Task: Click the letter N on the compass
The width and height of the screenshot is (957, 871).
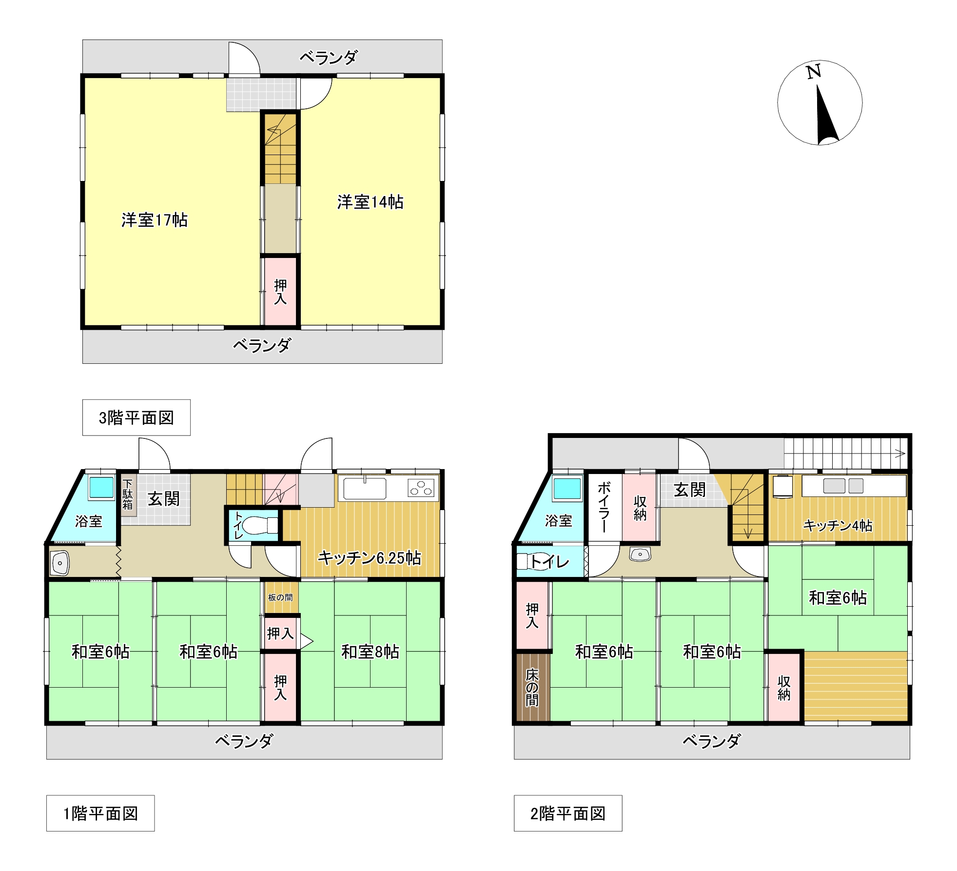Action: tap(814, 72)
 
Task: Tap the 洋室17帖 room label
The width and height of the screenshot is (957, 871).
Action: tap(154, 220)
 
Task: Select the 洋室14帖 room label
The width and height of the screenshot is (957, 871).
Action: tap(370, 202)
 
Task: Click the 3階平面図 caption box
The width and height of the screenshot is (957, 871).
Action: tap(136, 417)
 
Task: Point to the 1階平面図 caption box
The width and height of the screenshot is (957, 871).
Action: tap(100, 813)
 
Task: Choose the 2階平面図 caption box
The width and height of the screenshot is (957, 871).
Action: tap(568, 813)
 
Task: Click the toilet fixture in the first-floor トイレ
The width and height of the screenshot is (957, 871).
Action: tap(260, 525)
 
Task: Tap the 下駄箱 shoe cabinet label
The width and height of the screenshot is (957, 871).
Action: tap(127, 495)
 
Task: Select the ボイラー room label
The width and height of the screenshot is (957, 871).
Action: tap(604, 507)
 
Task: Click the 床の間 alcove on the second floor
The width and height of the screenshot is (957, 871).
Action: tap(532, 687)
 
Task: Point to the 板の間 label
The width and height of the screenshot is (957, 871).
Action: tap(280, 597)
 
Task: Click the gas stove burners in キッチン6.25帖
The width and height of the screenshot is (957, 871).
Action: tap(421, 487)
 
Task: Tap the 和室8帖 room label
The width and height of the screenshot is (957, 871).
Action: tap(370, 652)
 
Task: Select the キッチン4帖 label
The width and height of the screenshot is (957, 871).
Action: tap(838, 525)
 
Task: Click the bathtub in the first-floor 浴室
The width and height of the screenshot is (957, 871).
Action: tap(101, 488)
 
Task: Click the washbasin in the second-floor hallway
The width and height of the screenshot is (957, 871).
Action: tap(640, 554)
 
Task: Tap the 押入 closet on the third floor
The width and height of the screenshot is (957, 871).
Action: tap(280, 292)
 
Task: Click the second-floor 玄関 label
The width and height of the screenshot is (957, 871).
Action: tap(689, 490)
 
